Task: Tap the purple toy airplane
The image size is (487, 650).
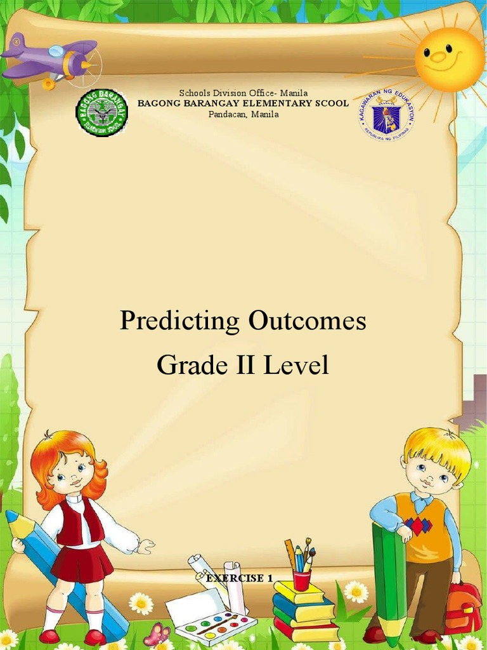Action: coord(54,59)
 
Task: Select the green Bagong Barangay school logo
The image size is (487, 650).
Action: coord(101,113)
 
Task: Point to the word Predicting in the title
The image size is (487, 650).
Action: coord(179,321)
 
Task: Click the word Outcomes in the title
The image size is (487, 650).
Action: coord(308,321)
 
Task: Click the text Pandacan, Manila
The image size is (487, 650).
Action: coord(243,114)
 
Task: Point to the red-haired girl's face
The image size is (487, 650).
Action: coord(70,473)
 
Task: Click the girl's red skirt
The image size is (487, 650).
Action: coord(82,562)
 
